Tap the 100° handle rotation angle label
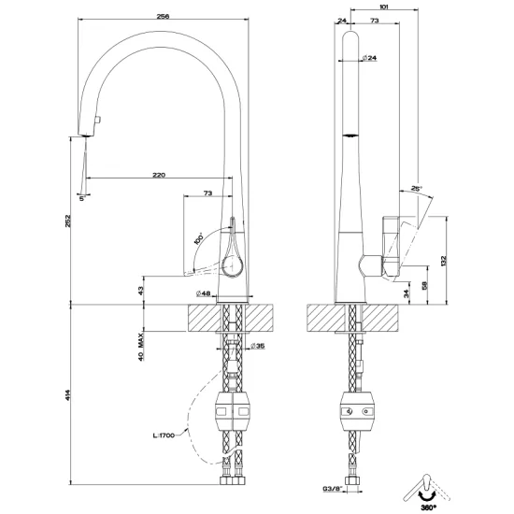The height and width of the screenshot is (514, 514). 199,238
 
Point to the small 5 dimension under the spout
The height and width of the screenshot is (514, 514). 82,198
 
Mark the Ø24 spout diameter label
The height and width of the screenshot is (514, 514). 366,58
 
